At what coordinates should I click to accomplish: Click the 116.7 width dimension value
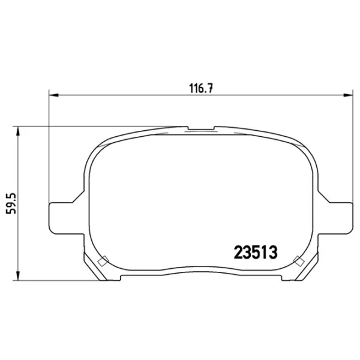201,88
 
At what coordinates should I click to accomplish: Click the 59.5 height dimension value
11,203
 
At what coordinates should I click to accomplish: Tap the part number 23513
256,253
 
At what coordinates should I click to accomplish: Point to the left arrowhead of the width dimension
54,95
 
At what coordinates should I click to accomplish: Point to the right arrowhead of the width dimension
348,95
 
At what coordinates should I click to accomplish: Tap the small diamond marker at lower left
103,261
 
